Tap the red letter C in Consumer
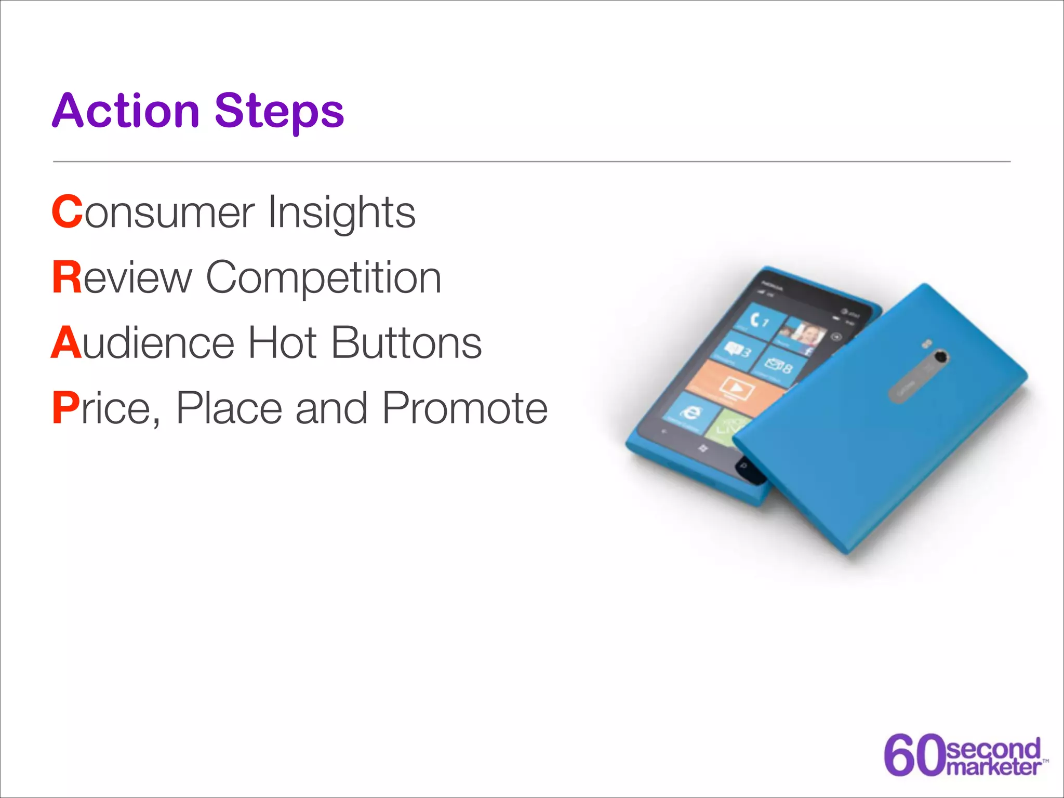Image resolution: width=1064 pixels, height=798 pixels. click(67, 212)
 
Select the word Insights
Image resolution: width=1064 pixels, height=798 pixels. click(341, 213)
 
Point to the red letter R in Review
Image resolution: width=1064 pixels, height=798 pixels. click(67, 277)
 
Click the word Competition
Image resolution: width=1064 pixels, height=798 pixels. click(324, 278)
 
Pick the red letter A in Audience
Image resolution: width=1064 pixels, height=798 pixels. click(66, 343)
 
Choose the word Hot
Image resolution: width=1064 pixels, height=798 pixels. click(282, 343)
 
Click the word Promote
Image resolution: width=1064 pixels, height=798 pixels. click(464, 408)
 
